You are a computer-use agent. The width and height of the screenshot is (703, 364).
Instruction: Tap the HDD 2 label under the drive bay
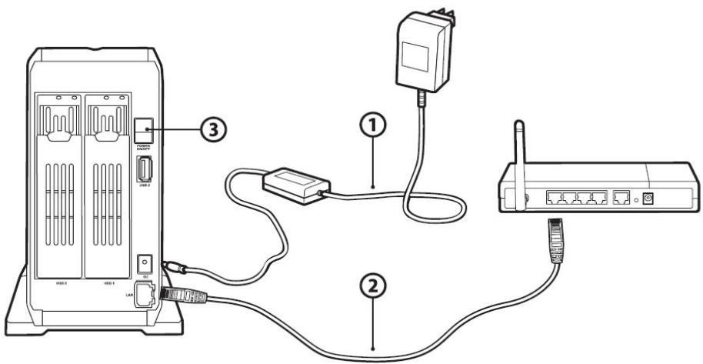62,282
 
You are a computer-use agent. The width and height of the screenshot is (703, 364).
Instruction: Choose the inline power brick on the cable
295,185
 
